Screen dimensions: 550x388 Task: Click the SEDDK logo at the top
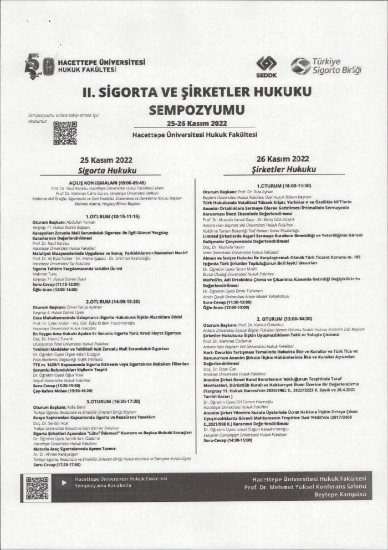click(x=266, y=66)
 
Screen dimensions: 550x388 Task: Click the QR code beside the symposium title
click(x=65, y=133)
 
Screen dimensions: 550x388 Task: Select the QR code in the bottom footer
click(x=37, y=487)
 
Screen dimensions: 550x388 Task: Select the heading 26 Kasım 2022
click(x=283, y=158)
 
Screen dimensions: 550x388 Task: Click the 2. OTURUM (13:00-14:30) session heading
click(x=284, y=320)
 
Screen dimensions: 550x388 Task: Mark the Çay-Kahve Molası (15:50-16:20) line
click(x=62, y=390)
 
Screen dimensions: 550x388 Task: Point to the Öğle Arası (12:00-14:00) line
click(x=55, y=289)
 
